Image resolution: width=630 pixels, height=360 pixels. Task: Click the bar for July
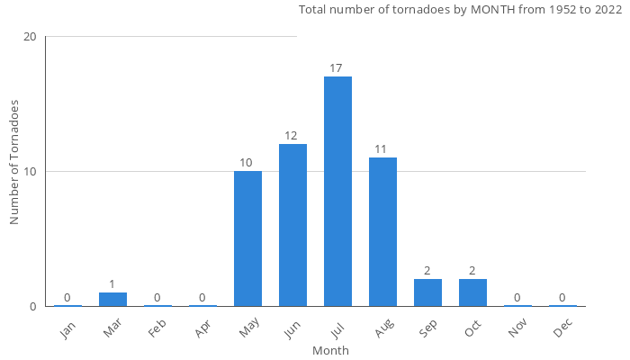pos(337,191)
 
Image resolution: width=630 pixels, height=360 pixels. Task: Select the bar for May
pos(247,238)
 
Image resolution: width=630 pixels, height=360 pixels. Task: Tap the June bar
pos(292,225)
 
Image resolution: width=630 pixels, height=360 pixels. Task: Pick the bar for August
pos(382,231)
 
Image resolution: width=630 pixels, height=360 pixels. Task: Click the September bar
pos(427,292)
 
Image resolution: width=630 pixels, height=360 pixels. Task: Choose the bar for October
pos(472,292)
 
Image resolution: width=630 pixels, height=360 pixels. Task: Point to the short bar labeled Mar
pos(112,299)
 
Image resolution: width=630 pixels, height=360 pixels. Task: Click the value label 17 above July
pos(337,68)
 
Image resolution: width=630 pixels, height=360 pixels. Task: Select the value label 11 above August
pos(382,149)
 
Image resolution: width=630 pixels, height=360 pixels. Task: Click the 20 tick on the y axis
pos(30,37)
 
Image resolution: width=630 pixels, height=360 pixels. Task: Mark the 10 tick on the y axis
pos(30,172)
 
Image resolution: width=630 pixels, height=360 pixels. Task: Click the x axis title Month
pos(330,350)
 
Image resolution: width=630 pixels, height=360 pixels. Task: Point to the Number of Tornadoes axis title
pos(14,162)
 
